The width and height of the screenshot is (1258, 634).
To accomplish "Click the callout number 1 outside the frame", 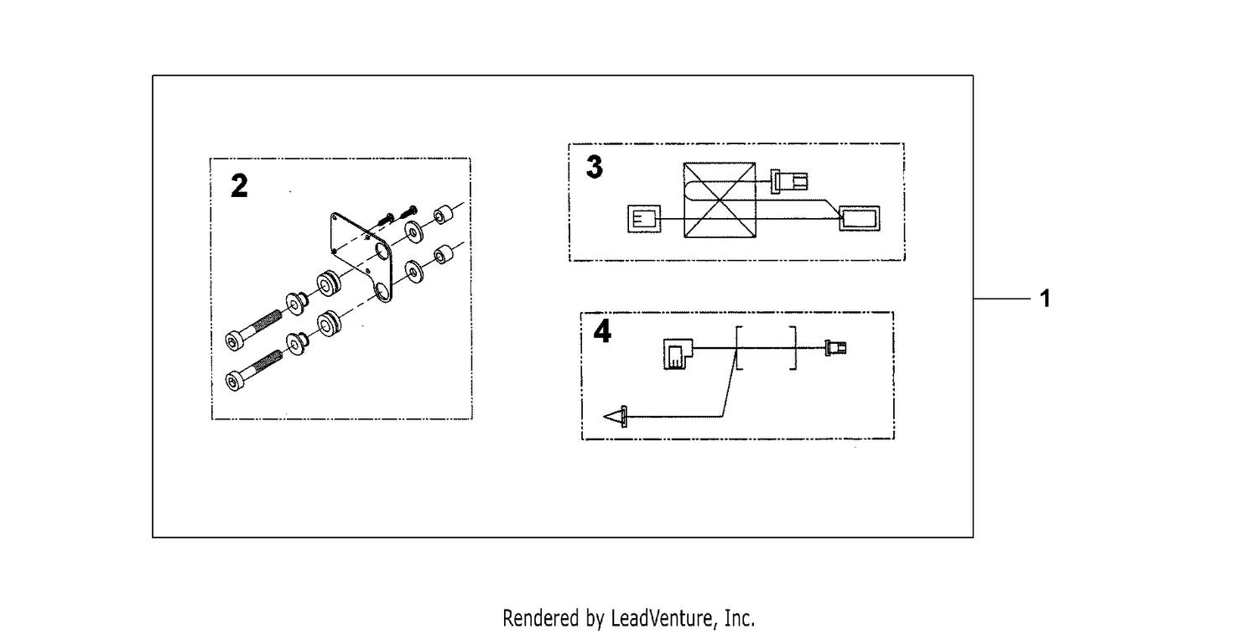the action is click(x=1045, y=299).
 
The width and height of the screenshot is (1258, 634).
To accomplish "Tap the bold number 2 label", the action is click(x=239, y=186).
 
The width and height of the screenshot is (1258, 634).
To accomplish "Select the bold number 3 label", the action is click(x=594, y=167).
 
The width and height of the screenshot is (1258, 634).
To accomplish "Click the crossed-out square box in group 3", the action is click(x=720, y=200).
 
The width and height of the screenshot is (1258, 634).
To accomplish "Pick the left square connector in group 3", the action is click(x=643, y=218).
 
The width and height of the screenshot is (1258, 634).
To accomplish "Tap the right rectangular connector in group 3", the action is click(x=860, y=218).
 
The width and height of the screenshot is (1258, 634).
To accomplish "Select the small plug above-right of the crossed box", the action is click(x=789, y=181).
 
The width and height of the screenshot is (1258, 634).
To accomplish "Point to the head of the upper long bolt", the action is click(x=234, y=340).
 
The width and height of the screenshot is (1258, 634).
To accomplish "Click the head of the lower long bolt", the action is click(x=234, y=382).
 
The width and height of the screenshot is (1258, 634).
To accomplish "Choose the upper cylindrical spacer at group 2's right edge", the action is click(x=443, y=216).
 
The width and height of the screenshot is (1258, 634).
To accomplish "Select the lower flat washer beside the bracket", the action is click(x=414, y=273).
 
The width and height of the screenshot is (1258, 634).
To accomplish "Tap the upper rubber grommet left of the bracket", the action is click(x=328, y=283).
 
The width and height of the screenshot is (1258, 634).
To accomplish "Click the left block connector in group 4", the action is click(x=678, y=354).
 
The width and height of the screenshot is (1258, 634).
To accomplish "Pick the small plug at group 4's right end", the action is click(x=835, y=348).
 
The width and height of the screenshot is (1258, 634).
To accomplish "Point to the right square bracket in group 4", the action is click(x=793, y=348).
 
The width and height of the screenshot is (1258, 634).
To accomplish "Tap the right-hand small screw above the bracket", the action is click(x=409, y=212).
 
